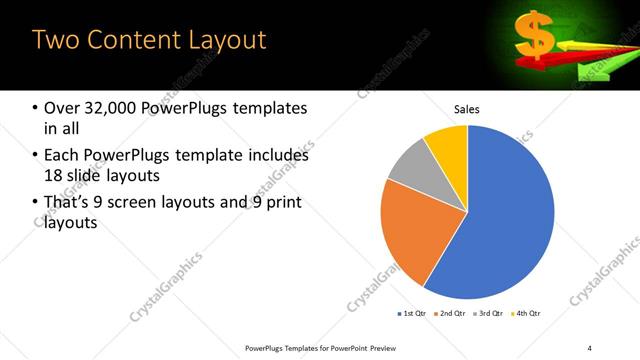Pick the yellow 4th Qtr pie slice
point(447,146)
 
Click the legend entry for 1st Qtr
point(413,314)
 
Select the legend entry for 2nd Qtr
point(450,314)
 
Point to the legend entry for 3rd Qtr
point(487,314)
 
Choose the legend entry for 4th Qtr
point(524,314)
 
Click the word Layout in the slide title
point(220,41)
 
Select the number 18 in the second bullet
point(53,177)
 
